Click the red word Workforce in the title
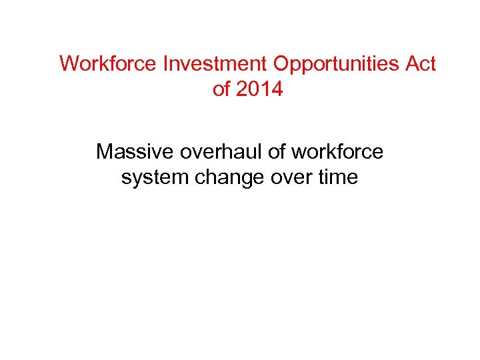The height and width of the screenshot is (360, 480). pyautogui.click(x=107, y=64)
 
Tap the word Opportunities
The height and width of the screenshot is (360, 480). pyautogui.click(x=336, y=65)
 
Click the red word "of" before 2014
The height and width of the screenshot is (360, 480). pyautogui.click(x=220, y=89)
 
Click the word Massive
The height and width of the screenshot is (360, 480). pyautogui.click(x=133, y=153)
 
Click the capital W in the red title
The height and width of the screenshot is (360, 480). pyautogui.click(x=68, y=64)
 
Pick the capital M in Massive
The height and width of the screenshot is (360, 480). pyautogui.click(x=105, y=153)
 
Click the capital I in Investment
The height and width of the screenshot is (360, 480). pyautogui.click(x=163, y=64)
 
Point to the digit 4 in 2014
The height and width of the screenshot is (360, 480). pyautogui.click(x=277, y=89)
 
